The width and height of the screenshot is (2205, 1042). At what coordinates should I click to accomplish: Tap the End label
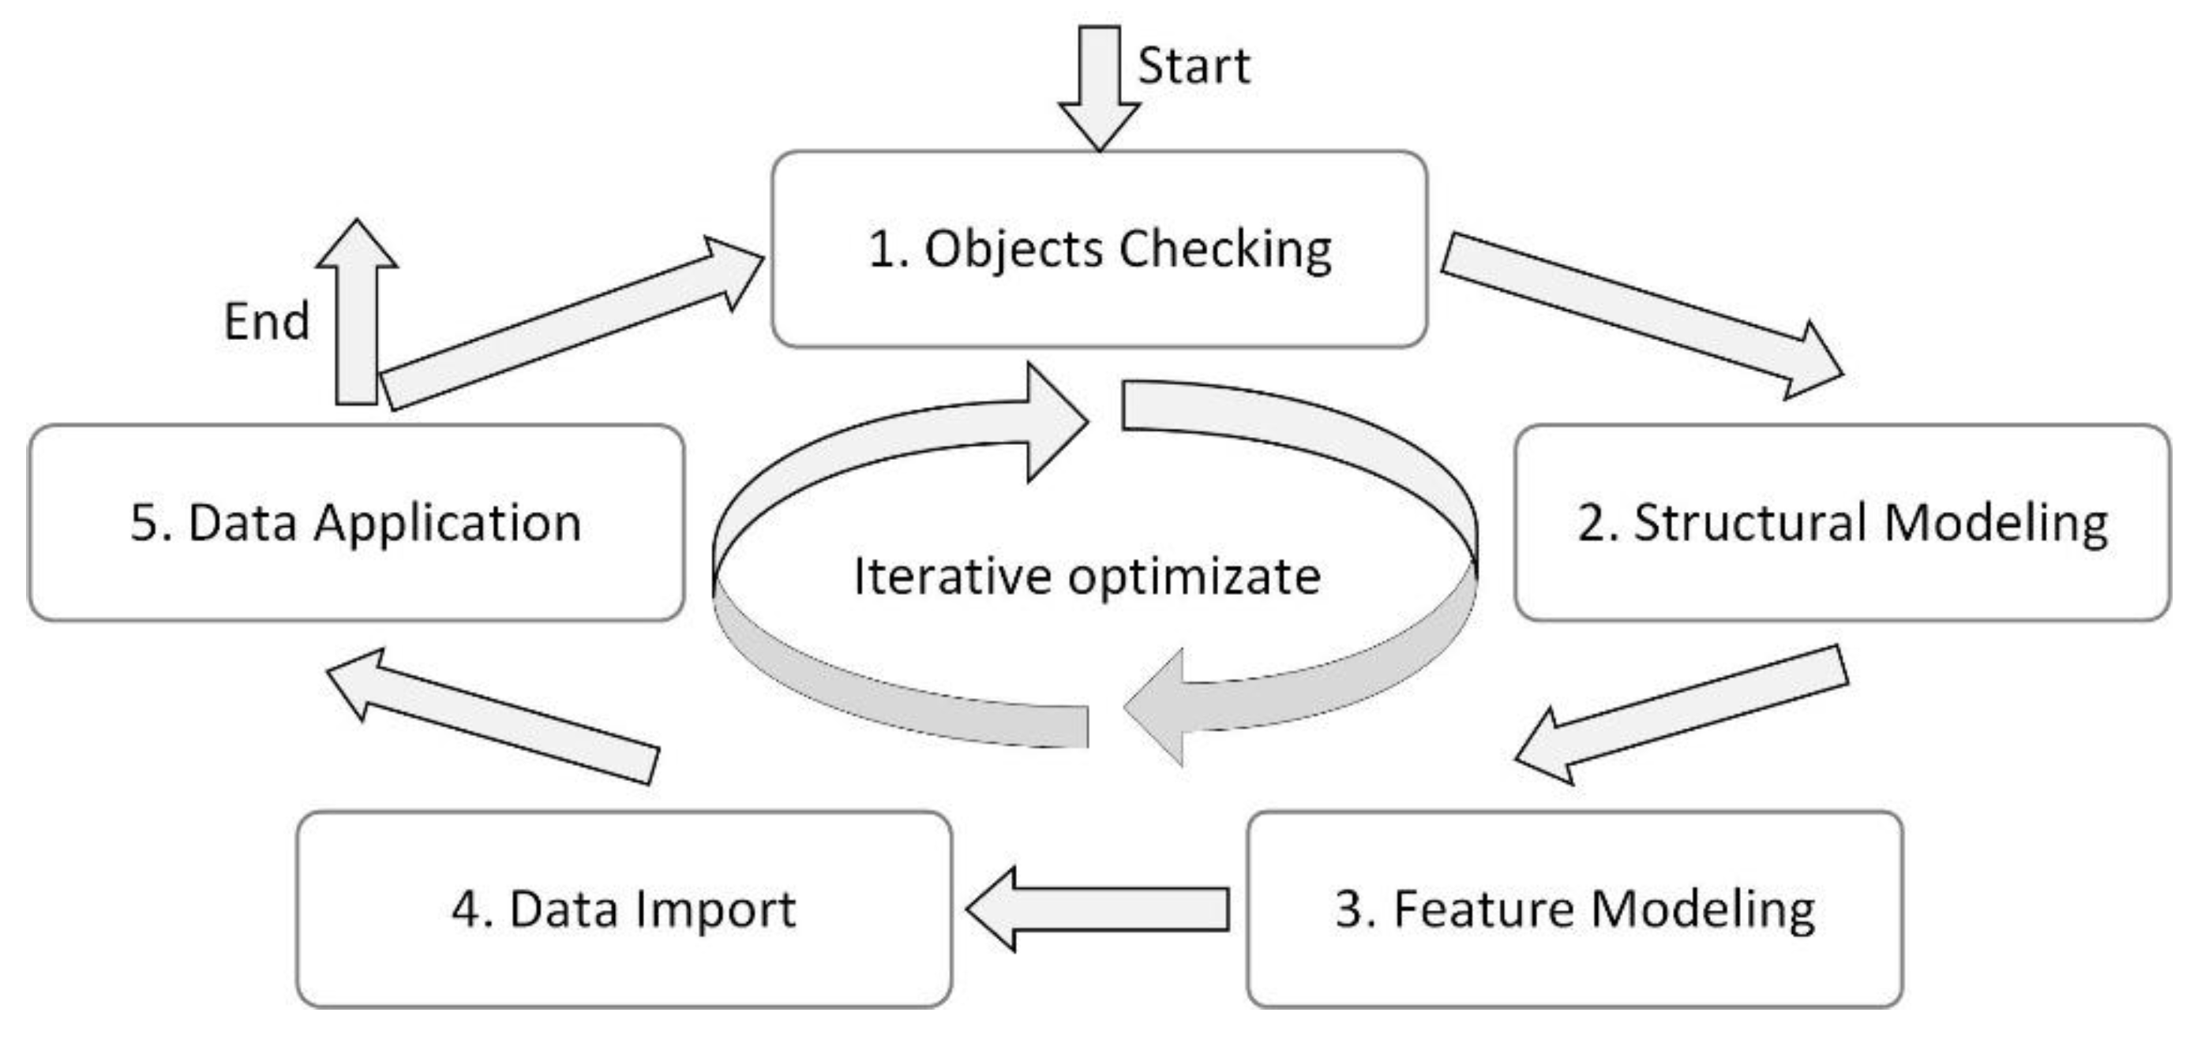pyautogui.click(x=266, y=322)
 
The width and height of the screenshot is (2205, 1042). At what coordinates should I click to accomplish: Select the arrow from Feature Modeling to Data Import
pyautogui.click(x=1099, y=909)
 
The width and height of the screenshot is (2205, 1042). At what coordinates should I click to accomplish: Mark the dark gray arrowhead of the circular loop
pyautogui.click(x=1156, y=707)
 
